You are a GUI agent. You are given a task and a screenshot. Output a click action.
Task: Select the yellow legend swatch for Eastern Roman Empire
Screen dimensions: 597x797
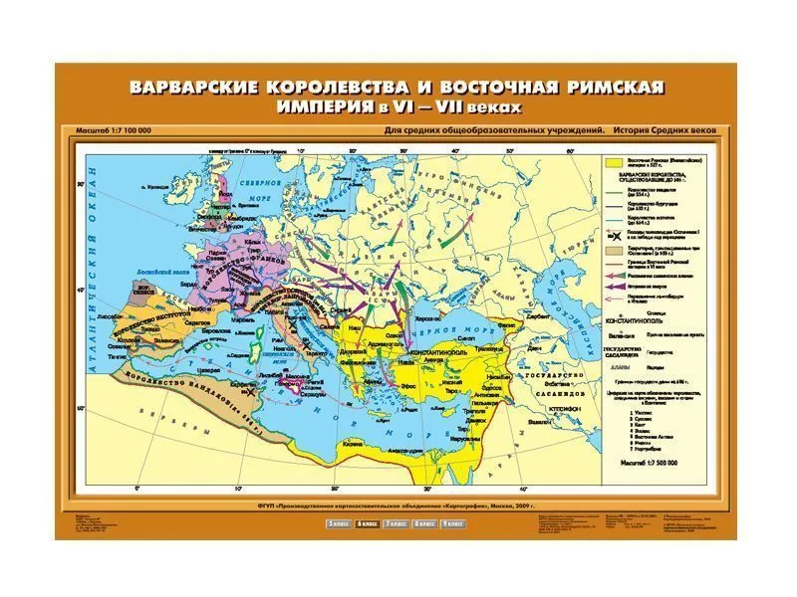coord(613,163)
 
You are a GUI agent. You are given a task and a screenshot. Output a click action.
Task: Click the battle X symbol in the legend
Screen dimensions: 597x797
coord(613,231)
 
